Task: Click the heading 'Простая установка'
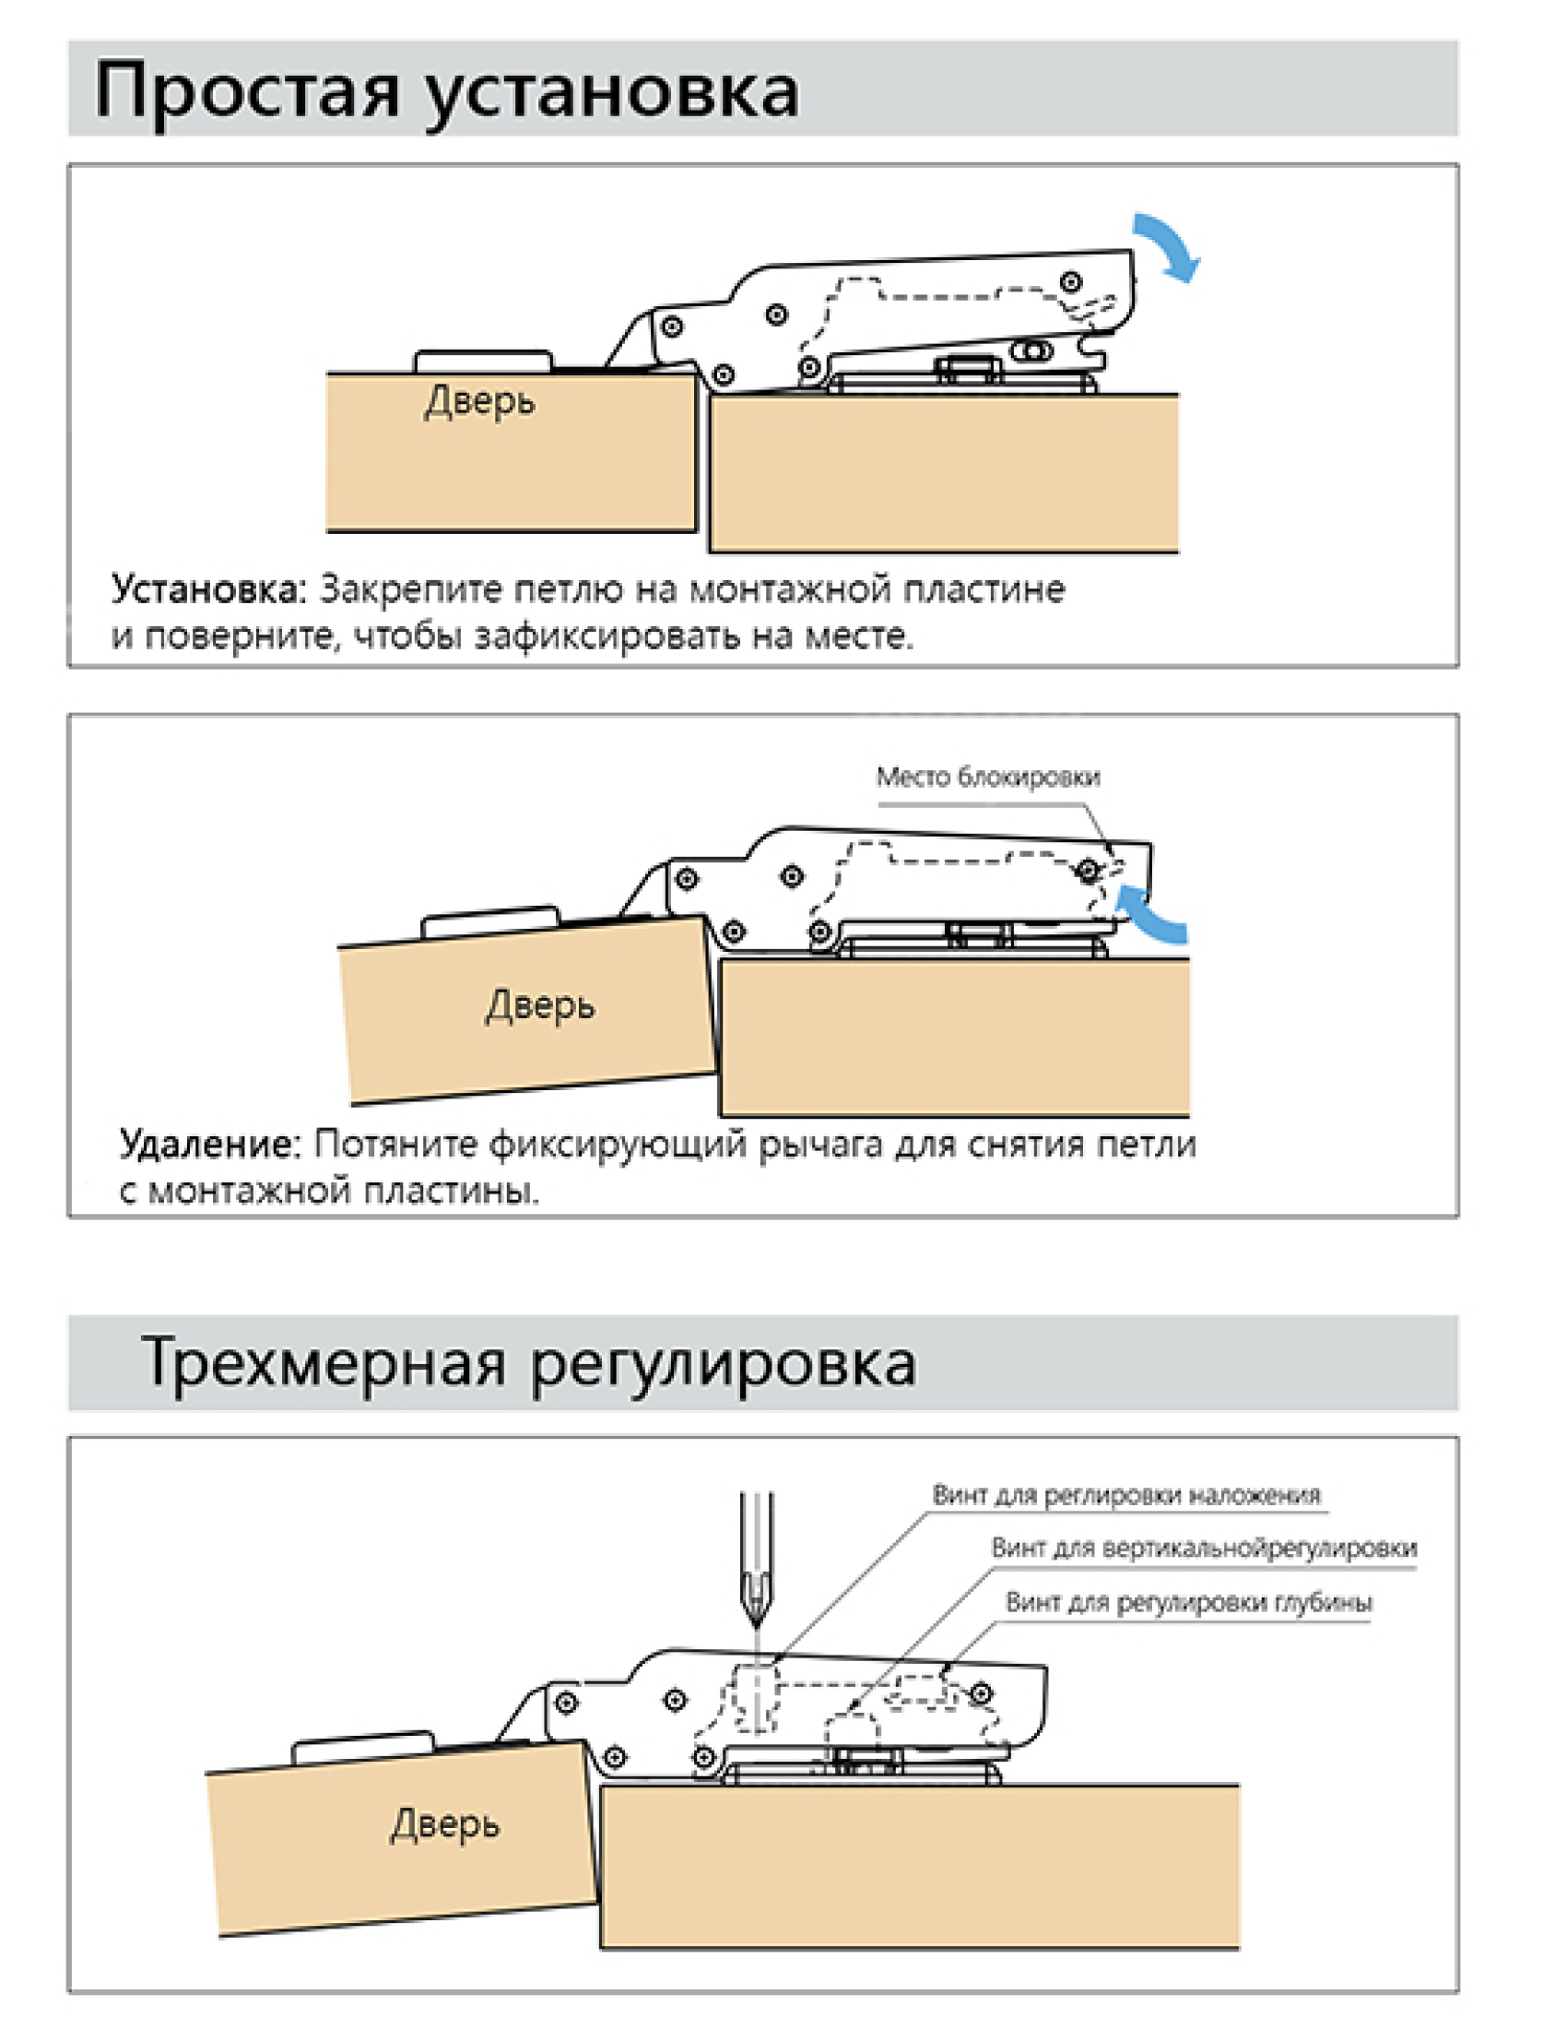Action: coord(447,90)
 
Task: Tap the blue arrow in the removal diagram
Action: coord(1150,914)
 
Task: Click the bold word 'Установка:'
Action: coord(207,589)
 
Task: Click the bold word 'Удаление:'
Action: coord(210,1145)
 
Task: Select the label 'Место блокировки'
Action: coord(987,778)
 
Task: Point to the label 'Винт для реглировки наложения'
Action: coord(1125,1494)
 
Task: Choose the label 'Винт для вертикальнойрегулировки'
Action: coord(1204,1549)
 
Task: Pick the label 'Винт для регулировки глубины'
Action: coord(1189,1603)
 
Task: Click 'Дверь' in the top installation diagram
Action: coord(479,402)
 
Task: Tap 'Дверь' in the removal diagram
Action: coord(540,1005)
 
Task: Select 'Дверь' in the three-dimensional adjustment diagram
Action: coord(445,1824)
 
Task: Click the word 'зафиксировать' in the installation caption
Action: coord(607,636)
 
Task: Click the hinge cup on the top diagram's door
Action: coord(483,360)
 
